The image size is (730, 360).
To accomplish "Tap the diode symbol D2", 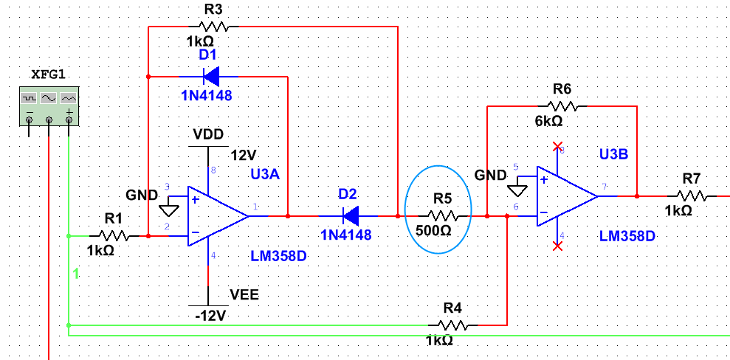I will pyautogui.click(x=351, y=216).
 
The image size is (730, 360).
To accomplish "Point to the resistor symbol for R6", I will pyautogui.click(x=562, y=106).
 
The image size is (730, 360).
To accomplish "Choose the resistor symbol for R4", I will pyautogui.click(x=453, y=324).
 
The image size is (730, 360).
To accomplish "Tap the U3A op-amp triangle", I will pyautogui.click(x=216, y=216).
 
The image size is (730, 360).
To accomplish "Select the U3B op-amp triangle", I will pyautogui.click(x=565, y=196).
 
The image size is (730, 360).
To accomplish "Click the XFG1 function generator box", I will pyautogui.click(x=49, y=105).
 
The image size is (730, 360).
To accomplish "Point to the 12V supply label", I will pyautogui.click(x=243, y=156).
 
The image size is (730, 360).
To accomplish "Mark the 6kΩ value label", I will pyautogui.click(x=550, y=121).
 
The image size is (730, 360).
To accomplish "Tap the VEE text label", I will pyautogui.click(x=245, y=294).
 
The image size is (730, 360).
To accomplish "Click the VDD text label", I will pyautogui.click(x=208, y=134).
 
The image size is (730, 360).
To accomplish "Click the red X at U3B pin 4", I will pyautogui.click(x=557, y=246).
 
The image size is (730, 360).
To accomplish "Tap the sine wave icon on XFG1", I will pyautogui.click(x=49, y=97).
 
